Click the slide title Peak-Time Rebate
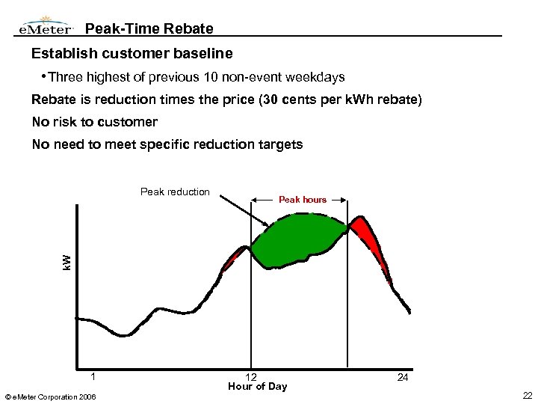coord(149,29)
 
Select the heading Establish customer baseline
coord(132,54)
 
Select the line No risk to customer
coord(95,122)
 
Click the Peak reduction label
coord(175,192)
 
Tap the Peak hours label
coord(303,200)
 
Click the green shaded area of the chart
coord(299,236)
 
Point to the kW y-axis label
coord(66,263)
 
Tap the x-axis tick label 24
coord(403,377)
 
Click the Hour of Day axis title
coord(257,387)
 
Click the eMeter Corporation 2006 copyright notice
coord(55,395)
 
